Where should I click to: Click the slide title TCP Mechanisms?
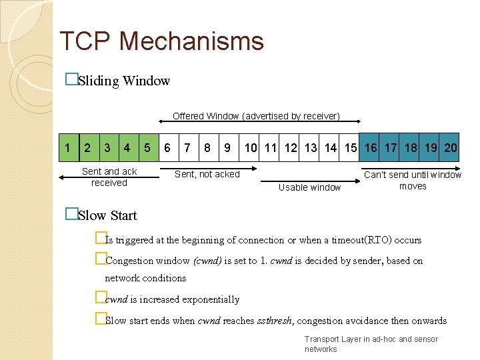click(161, 41)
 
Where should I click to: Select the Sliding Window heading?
click(123, 81)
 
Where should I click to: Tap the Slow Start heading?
click(107, 215)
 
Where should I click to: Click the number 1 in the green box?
click(67, 147)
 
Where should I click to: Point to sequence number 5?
click(147, 147)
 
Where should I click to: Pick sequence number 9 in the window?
click(227, 147)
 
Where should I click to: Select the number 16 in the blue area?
click(371, 147)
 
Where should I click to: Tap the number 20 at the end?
click(451, 147)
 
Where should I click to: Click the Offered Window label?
click(256, 116)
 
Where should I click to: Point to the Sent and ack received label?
click(109, 177)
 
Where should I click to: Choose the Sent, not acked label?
click(207, 174)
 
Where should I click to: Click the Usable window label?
click(309, 187)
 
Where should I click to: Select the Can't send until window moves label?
click(412, 180)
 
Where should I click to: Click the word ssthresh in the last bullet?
click(274, 321)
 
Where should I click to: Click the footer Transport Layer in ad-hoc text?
click(371, 339)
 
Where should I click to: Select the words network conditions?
click(145, 278)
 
